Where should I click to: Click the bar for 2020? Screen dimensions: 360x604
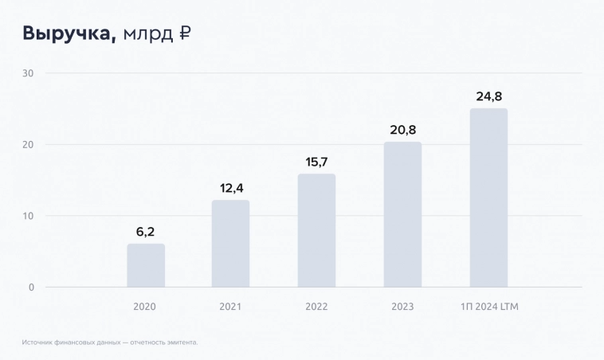(146, 265)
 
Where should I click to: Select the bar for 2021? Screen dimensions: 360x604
(230, 244)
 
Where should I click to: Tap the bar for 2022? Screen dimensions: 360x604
(316, 230)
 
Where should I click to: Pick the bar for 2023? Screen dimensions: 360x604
(402, 214)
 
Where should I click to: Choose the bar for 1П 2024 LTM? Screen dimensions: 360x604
(488, 198)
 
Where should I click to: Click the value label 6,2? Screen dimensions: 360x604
(145, 232)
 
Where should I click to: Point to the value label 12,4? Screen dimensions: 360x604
(230, 188)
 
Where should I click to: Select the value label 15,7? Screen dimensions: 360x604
(316, 162)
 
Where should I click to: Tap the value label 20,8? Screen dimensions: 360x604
(402, 130)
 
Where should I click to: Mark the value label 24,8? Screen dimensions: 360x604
(488, 96)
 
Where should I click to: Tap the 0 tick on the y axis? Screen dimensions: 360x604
(31, 287)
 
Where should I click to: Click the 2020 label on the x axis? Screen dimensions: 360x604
(145, 307)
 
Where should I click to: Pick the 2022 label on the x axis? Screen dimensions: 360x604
(316, 307)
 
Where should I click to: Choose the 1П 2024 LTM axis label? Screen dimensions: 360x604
(489, 307)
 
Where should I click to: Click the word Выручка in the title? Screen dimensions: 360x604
(69, 33)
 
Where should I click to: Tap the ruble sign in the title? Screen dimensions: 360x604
(184, 33)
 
